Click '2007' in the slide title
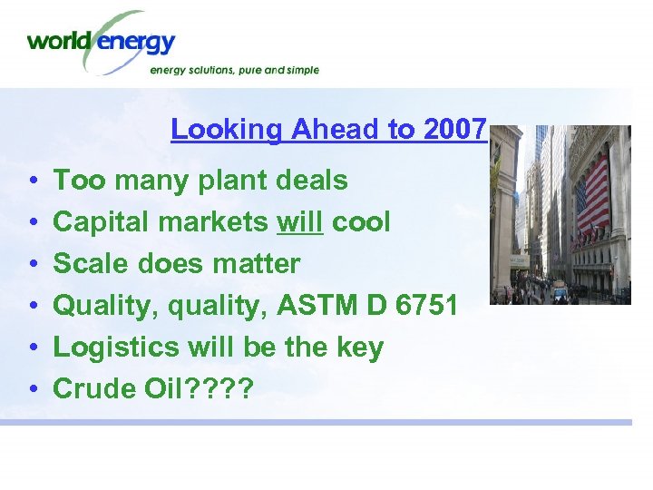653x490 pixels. [455, 130]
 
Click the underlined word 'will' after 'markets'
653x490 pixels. [299, 222]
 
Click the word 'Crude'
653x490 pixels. [93, 388]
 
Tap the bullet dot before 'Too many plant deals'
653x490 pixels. [32, 181]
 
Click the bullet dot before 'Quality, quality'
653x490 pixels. [32, 307]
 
